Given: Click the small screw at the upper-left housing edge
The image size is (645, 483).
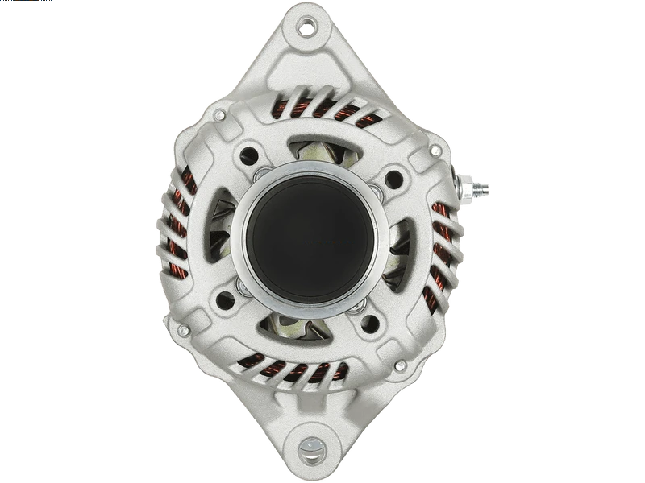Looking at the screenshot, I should [x=218, y=117].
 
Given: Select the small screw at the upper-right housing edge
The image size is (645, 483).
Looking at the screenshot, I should [x=435, y=151].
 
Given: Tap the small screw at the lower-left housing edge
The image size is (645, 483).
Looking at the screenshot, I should [x=184, y=330].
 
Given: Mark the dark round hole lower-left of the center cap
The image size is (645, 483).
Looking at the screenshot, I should [x=225, y=299].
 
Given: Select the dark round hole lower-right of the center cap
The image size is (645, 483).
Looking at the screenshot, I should [x=370, y=324].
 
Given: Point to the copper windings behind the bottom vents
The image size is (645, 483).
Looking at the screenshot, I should [x=298, y=370].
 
